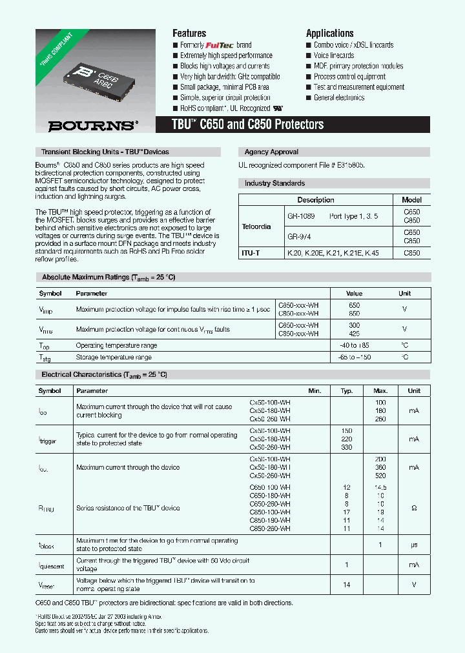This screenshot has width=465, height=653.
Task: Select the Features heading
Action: (x=189, y=33)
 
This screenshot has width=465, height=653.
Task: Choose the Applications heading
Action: (x=329, y=33)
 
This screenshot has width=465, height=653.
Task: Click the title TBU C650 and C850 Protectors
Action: (x=248, y=125)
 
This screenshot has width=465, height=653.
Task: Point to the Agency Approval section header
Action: (x=271, y=152)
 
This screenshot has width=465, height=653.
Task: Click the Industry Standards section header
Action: (x=274, y=184)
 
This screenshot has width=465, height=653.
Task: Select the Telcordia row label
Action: (x=256, y=226)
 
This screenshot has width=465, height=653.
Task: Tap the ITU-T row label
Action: (x=251, y=254)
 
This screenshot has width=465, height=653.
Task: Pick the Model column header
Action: (x=411, y=200)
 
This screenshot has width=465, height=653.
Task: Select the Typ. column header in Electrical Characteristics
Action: (x=347, y=391)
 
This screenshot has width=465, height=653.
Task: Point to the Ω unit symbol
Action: (x=413, y=508)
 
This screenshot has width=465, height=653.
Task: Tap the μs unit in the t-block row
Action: (x=413, y=545)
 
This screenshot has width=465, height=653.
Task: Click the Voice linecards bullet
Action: (x=334, y=55)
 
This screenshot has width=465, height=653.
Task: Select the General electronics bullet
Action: (x=339, y=97)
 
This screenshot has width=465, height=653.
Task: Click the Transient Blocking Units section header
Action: (x=105, y=152)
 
